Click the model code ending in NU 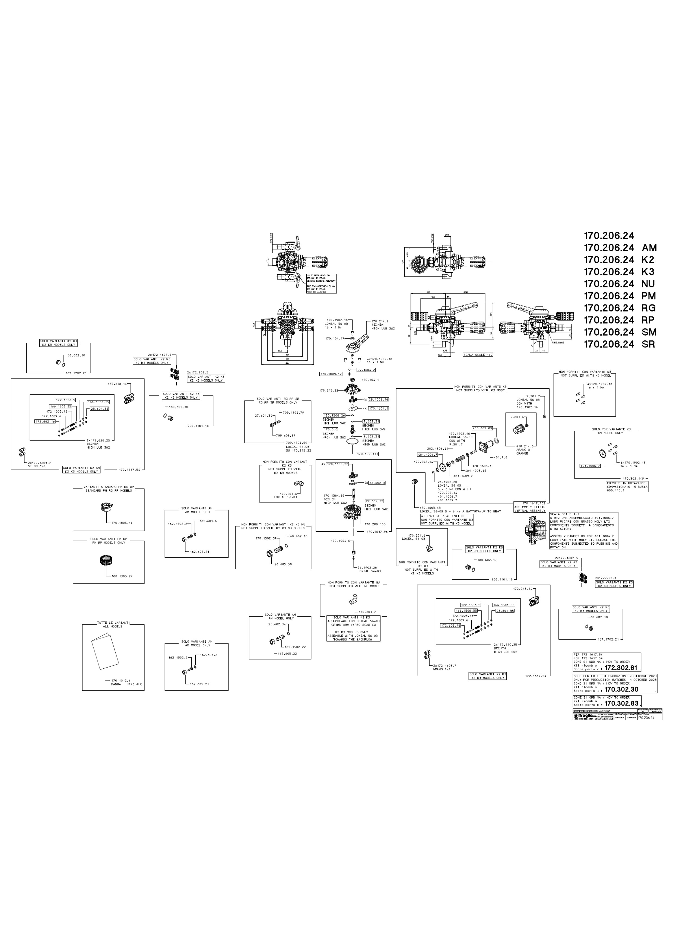pyautogui.click(x=620, y=284)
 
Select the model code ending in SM pyautogui.click(x=620, y=332)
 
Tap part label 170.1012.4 pyautogui.click(x=121, y=680)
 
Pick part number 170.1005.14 pyautogui.click(x=122, y=523)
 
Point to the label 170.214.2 pyautogui.click(x=380, y=321)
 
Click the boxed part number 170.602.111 pyautogui.click(x=367, y=454)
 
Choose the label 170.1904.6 pyautogui.click(x=340, y=541)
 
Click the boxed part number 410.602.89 pyautogui.click(x=482, y=428)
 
